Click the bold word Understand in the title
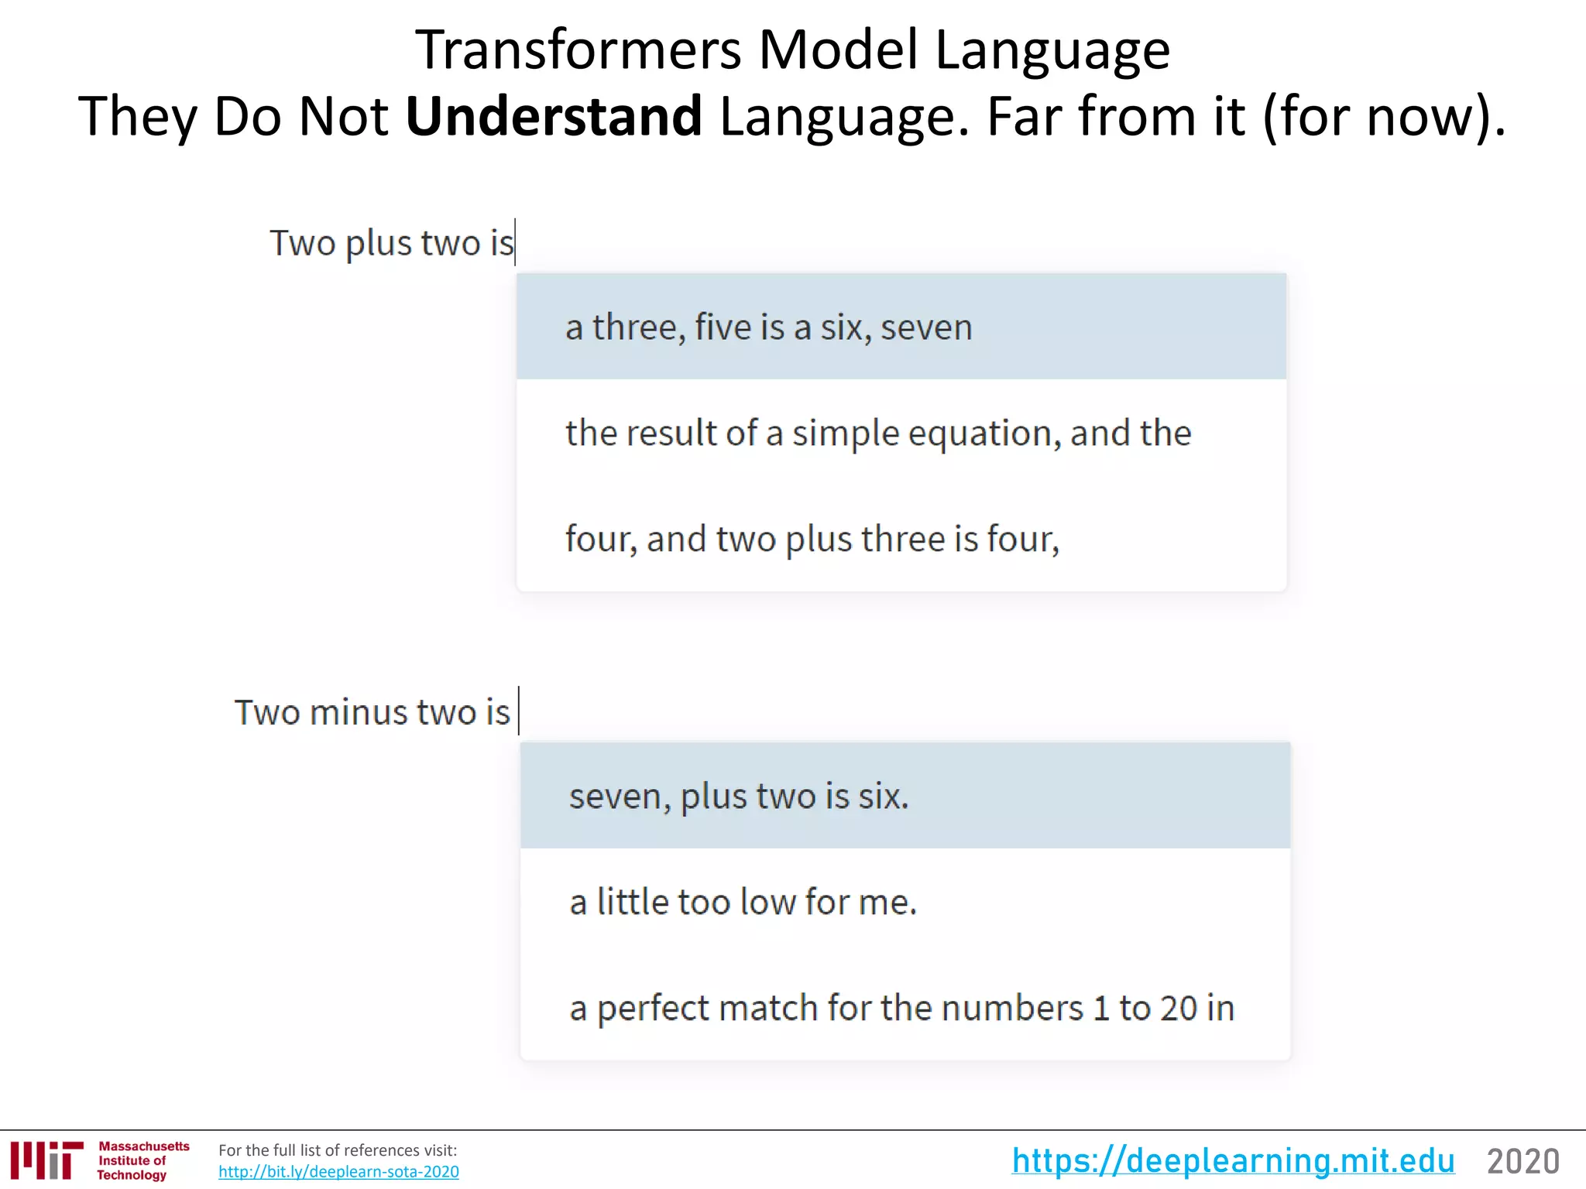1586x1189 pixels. tap(554, 116)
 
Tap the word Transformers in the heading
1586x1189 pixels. tap(578, 50)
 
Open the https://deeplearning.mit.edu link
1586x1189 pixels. tap(1233, 1161)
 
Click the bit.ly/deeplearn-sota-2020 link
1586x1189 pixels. tap(338, 1172)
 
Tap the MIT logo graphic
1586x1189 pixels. tap(47, 1160)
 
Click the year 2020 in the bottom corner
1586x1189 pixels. tap(1522, 1162)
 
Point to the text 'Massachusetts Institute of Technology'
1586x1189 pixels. tap(142, 1160)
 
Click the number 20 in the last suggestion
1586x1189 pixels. tap(1178, 1008)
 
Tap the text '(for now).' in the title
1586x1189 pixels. tap(1385, 116)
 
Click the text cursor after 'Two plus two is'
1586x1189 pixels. tap(516, 242)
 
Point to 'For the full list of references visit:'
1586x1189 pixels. tap(338, 1150)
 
